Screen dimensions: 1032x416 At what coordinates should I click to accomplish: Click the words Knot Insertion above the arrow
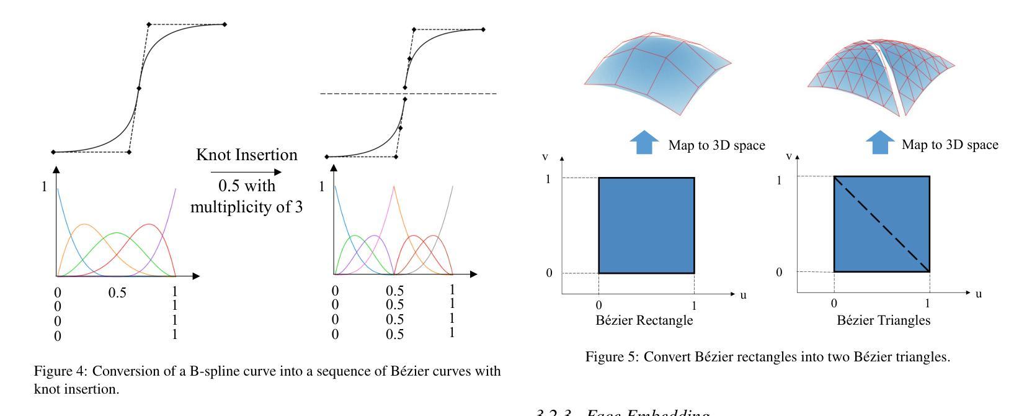(x=246, y=155)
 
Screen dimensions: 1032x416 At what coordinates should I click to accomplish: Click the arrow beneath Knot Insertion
(x=246, y=172)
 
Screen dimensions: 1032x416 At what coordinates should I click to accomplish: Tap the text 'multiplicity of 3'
(x=246, y=207)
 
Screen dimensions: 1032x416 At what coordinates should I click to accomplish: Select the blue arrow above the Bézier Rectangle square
(x=644, y=143)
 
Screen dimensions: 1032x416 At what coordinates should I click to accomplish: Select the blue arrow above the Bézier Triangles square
(x=880, y=143)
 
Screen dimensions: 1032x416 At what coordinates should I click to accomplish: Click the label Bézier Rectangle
(x=644, y=320)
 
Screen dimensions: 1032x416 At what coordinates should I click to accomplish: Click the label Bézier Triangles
(x=883, y=320)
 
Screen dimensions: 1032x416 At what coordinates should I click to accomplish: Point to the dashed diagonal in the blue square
(x=881, y=224)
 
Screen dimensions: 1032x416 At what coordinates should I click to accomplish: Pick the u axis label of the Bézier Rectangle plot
(x=743, y=294)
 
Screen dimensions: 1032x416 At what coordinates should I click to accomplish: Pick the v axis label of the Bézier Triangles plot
(x=789, y=156)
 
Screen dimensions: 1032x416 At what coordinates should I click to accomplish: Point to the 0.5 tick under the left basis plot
(x=117, y=292)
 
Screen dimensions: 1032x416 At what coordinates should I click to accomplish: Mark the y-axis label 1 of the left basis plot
(x=44, y=186)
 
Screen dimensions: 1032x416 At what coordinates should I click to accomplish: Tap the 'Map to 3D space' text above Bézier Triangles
(x=950, y=145)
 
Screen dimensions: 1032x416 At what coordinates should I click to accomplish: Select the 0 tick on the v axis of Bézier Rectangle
(x=549, y=273)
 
